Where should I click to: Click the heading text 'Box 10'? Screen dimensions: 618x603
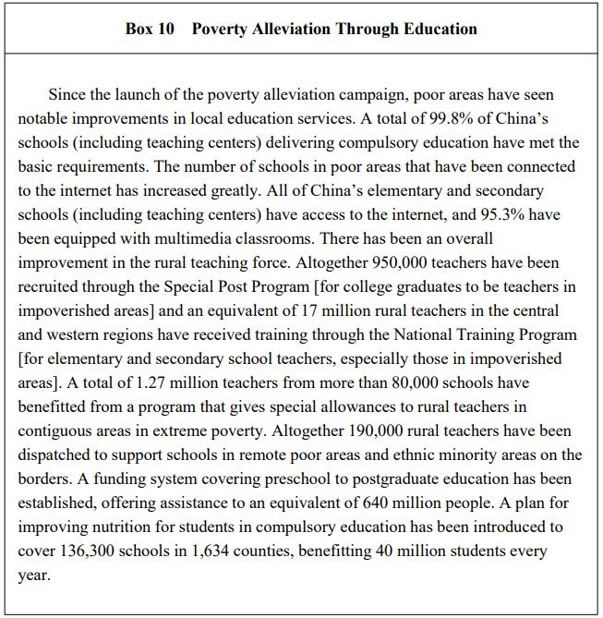(150, 29)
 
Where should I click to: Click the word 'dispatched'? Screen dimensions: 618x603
(57, 454)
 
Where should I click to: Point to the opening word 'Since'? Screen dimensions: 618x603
(67, 94)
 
